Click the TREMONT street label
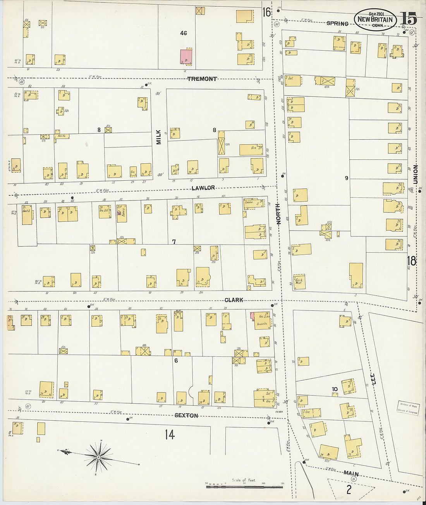tap(202, 79)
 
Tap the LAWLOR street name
tap(203, 188)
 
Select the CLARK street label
tap(234, 300)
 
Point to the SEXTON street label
tap(186, 416)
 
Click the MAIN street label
tap(351, 473)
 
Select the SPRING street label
tap(337, 24)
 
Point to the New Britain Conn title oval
tap(375, 20)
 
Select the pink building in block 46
tap(186, 56)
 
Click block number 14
tap(170, 435)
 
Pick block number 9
tap(347, 178)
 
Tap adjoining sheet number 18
tap(411, 261)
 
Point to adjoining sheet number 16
tap(266, 12)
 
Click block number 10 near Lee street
tap(335, 389)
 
